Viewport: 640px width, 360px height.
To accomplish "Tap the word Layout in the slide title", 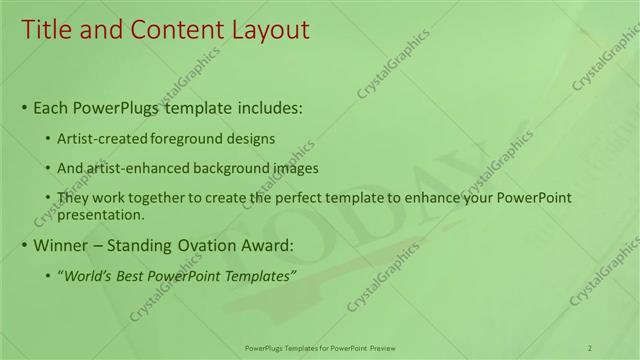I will pos(261,31).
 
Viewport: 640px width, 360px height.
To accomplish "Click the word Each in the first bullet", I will pos(52,108).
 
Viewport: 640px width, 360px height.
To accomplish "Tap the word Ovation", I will pos(215,245).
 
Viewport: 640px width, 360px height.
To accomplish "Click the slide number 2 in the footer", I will pos(590,347).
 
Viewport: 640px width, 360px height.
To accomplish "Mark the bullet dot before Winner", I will pos(24,246).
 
